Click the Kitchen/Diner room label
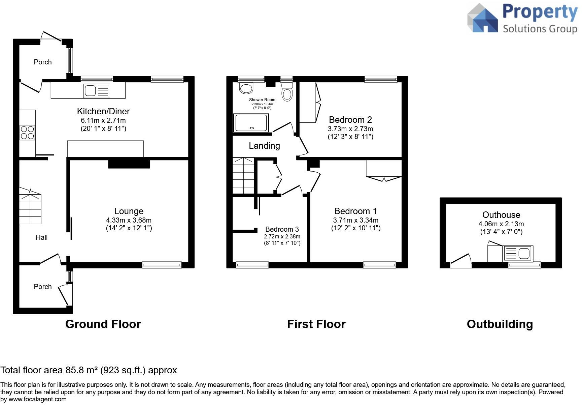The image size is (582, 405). click(103, 111)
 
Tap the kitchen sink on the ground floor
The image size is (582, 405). click(97, 91)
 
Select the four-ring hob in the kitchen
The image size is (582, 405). click(27, 132)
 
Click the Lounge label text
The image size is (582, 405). click(129, 211)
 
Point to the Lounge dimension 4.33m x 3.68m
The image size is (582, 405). click(129, 220)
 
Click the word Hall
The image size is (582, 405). click(42, 237)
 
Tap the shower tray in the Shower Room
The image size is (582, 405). click(251, 122)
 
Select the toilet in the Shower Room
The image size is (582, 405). click(287, 92)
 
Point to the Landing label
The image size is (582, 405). click(264, 146)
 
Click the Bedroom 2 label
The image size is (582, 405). click(350, 120)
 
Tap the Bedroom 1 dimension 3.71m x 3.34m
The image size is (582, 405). click(356, 220)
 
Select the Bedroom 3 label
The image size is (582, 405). click(282, 229)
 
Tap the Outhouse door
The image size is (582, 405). click(461, 261)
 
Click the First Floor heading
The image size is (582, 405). click(316, 324)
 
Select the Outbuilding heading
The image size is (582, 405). click(500, 324)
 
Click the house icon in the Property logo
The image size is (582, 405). click(483, 19)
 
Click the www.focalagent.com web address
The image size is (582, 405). click(37, 399)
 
